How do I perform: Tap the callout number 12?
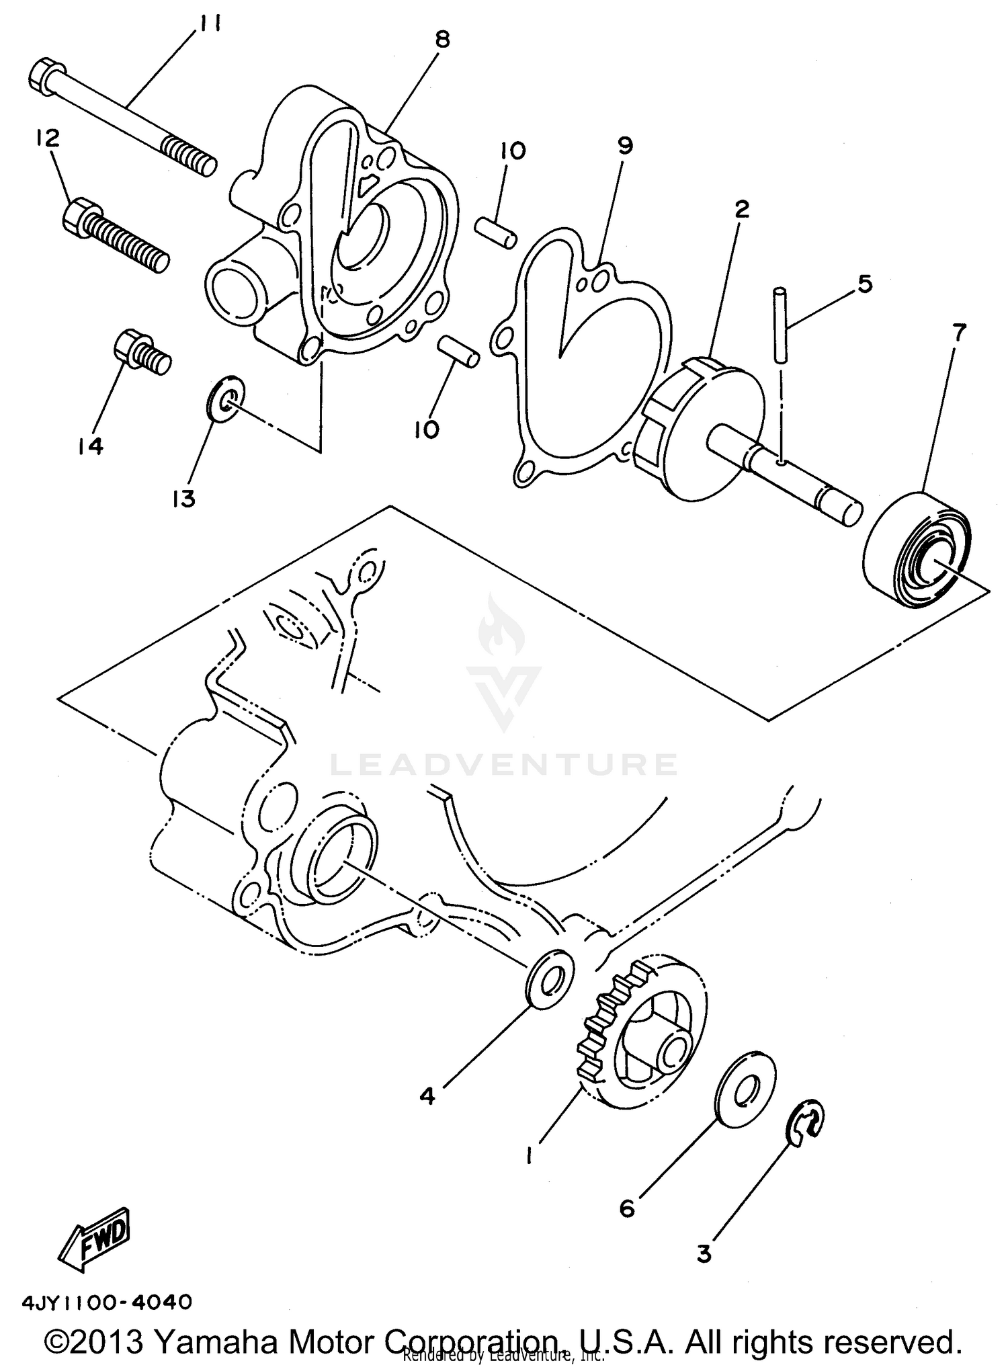pyautogui.click(x=48, y=138)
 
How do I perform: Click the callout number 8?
pyautogui.click(x=442, y=40)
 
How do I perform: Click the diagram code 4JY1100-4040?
pyautogui.click(x=108, y=1301)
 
